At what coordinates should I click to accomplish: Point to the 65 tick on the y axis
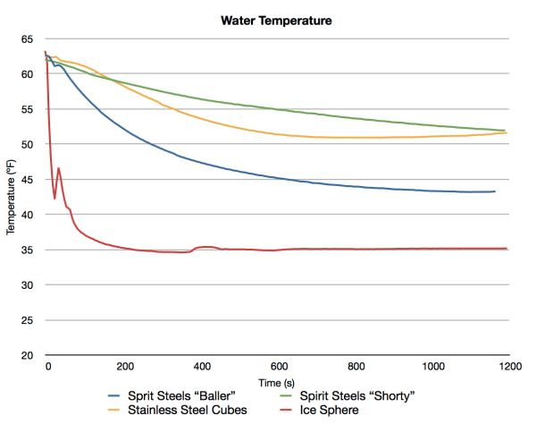point(27,38)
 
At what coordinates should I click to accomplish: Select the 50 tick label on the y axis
point(27,144)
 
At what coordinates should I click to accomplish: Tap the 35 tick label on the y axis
point(27,250)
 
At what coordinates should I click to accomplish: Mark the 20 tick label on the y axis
point(27,355)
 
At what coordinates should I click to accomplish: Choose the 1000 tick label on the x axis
point(432,367)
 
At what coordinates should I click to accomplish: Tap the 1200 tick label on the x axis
point(508,367)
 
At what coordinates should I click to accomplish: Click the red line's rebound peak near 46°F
point(59,168)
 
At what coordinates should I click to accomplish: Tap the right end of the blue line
point(495,191)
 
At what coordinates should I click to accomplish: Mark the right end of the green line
point(506,131)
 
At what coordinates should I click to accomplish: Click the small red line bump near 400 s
point(206,247)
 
